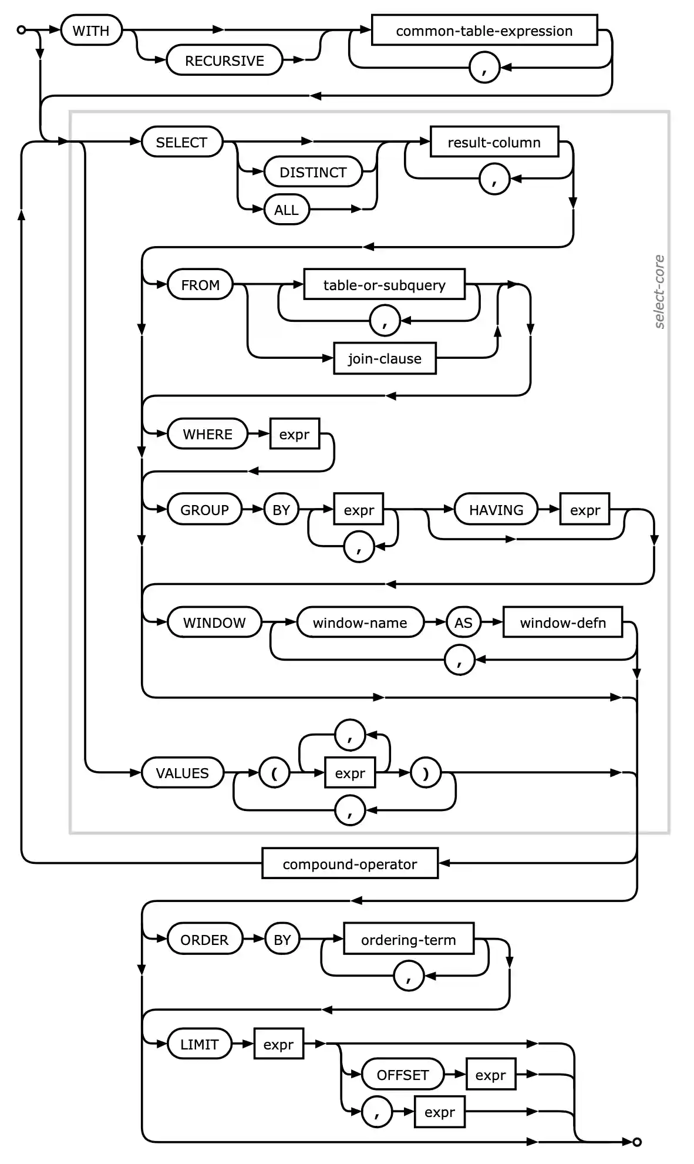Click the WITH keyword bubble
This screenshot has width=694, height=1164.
(x=91, y=31)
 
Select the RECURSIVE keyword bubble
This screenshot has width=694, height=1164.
(x=224, y=60)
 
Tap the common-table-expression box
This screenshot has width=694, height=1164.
(x=484, y=31)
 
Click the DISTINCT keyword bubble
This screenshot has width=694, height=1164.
(x=313, y=172)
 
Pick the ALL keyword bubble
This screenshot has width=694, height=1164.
(x=286, y=210)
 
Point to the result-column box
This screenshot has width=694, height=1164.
(x=494, y=142)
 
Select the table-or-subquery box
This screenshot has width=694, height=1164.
(x=384, y=285)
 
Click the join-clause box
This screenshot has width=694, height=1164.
(x=385, y=358)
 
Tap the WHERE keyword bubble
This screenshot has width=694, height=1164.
(x=207, y=434)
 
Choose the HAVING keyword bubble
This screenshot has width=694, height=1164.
(x=496, y=510)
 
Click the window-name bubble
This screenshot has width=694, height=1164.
(x=359, y=623)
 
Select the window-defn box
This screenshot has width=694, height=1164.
(x=562, y=623)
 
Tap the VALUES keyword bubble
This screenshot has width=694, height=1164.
(x=182, y=773)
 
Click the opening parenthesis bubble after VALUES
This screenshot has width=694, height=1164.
(x=274, y=773)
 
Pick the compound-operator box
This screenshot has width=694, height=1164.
(x=350, y=864)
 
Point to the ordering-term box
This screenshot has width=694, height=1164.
(x=408, y=940)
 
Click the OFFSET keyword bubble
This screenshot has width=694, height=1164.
(x=402, y=1075)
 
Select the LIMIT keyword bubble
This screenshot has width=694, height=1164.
(x=199, y=1044)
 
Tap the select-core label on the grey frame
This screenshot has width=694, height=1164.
(x=659, y=292)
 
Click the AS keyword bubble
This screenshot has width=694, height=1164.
(x=463, y=623)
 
